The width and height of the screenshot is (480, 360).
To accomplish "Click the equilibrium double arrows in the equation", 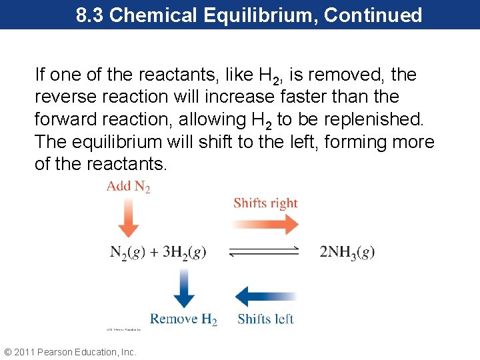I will tap(264, 252).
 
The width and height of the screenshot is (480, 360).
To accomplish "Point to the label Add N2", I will tap(129, 187).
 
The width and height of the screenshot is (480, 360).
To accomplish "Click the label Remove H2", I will tap(183, 319).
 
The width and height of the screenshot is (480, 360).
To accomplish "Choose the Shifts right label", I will tap(265, 203).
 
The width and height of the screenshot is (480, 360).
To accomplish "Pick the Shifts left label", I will tap(265, 319).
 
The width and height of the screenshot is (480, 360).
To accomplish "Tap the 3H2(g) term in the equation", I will tap(181, 252).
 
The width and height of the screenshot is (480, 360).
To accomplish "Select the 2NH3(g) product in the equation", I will tap(347, 252).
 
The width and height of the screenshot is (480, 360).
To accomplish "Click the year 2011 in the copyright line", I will tap(25, 352).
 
